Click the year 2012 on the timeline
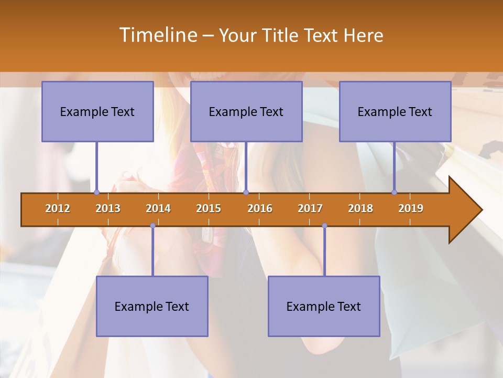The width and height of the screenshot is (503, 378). pyautogui.click(x=58, y=208)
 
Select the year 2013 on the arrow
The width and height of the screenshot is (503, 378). pyautogui.click(x=108, y=208)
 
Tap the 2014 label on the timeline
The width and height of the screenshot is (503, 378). pyautogui.click(x=158, y=208)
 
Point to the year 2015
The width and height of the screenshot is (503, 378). pyautogui.click(x=209, y=208)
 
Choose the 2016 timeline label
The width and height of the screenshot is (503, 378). pyautogui.click(x=260, y=208)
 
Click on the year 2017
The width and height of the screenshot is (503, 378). pyautogui.click(x=310, y=208)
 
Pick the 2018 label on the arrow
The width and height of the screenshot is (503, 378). pyautogui.click(x=360, y=208)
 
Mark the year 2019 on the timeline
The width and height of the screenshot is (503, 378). pyautogui.click(x=411, y=208)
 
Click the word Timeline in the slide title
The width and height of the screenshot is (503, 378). pyautogui.click(x=158, y=35)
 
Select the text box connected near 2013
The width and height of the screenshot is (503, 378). pyautogui.click(x=97, y=111)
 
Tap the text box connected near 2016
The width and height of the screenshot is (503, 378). pyautogui.click(x=246, y=111)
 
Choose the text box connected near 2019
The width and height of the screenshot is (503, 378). pyautogui.click(x=395, y=111)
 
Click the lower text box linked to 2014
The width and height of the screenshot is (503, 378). pyautogui.click(x=152, y=306)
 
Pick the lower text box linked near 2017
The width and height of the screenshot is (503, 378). pyautogui.click(x=324, y=306)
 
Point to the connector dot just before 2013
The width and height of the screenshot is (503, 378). pyautogui.click(x=96, y=192)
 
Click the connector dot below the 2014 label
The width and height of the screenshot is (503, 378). pyautogui.click(x=152, y=226)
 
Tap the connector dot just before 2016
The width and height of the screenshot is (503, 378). pyautogui.click(x=246, y=192)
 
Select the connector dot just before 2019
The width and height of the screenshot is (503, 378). pyautogui.click(x=395, y=192)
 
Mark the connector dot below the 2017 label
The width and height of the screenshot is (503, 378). pyautogui.click(x=324, y=226)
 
